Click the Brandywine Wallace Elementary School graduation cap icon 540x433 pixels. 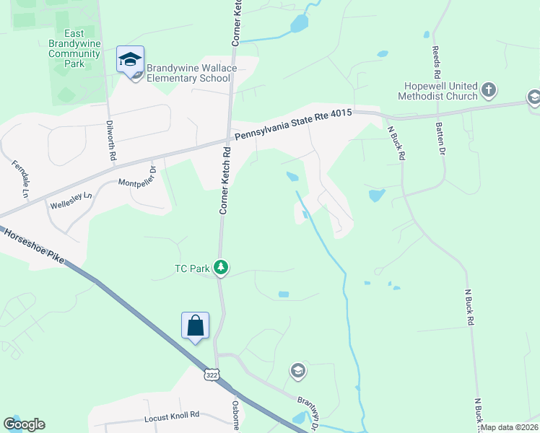tap(131, 60)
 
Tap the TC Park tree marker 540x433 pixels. tap(221, 268)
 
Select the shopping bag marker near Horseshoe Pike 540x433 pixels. tap(196, 325)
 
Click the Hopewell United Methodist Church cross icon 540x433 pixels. tap(489, 90)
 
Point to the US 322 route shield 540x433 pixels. tap(212, 375)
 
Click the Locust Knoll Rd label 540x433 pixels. tap(171, 416)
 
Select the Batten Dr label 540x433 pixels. tap(440, 138)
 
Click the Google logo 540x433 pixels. tap(24, 424)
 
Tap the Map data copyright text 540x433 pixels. tap(509, 427)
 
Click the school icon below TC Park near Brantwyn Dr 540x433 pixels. tap(297, 371)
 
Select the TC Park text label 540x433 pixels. tap(192, 269)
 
